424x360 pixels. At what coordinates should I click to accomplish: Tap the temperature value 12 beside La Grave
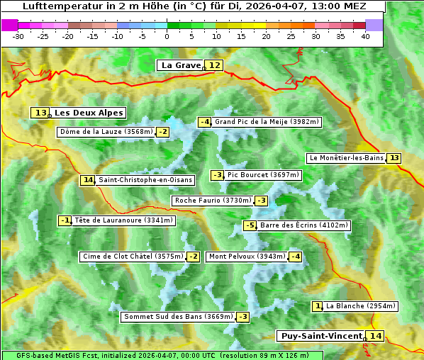(x=215, y=65)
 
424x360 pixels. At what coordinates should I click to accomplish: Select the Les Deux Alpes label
(x=89, y=113)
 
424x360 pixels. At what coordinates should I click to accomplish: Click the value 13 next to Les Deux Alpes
(x=40, y=113)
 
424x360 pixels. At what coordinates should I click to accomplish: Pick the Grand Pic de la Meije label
(x=267, y=122)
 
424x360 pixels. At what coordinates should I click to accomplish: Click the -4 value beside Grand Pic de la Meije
(x=205, y=122)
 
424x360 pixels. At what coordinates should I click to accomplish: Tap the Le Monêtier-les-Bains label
(x=346, y=158)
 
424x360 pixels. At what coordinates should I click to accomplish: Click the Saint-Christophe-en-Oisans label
(x=145, y=180)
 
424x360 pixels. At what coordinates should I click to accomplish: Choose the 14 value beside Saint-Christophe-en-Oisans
(x=87, y=180)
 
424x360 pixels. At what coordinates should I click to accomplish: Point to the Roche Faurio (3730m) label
(x=213, y=201)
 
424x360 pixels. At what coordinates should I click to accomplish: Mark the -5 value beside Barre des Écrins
(x=250, y=225)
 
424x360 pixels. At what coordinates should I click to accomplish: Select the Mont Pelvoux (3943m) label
(x=246, y=257)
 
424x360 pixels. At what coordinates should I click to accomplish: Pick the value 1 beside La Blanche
(x=318, y=306)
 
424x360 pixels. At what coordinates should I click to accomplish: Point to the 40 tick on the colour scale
(x=365, y=35)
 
